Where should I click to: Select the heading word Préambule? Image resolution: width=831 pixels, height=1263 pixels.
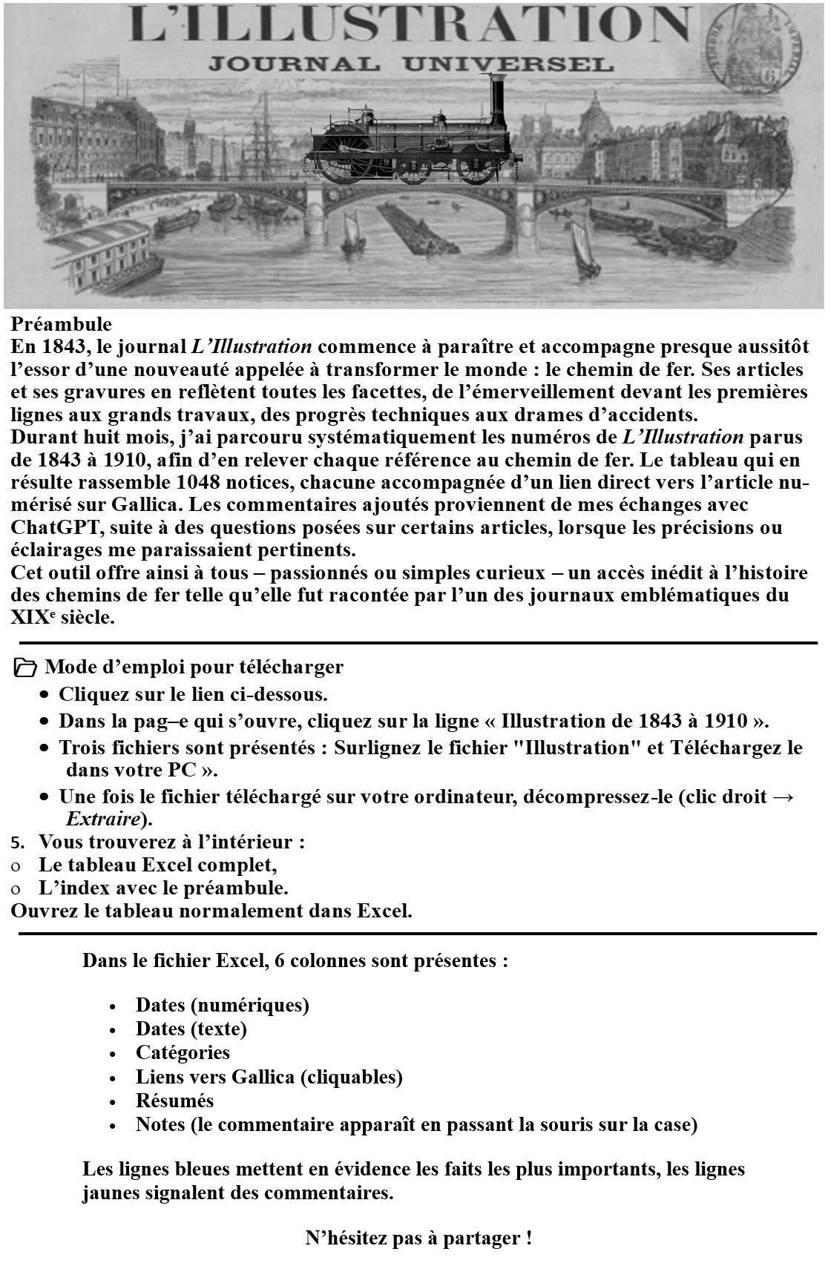click(x=62, y=324)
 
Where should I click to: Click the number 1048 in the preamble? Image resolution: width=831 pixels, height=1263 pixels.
click(x=197, y=482)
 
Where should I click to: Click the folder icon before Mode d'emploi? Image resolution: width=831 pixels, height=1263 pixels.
click(x=25, y=667)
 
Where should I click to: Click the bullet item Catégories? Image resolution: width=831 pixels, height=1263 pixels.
click(x=183, y=1052)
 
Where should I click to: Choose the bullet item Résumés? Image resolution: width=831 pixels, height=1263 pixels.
click(x=174, y=1101)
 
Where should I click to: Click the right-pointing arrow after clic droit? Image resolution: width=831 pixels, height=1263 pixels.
click(x=783, y=797)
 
